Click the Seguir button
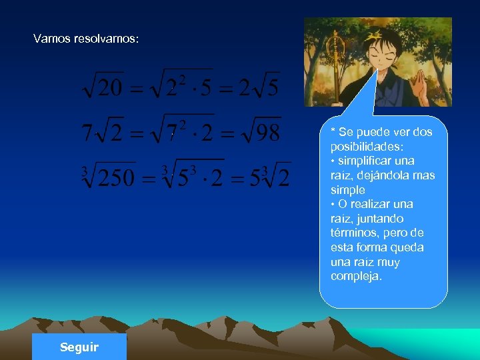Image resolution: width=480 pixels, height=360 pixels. click(x=79, y=347)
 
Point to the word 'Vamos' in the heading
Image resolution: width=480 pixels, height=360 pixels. click(x=49, y=39)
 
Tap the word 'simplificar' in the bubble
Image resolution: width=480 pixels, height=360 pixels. click(x=376, y=161)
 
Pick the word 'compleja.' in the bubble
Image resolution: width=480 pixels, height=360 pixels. click(x=356, y=277)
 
